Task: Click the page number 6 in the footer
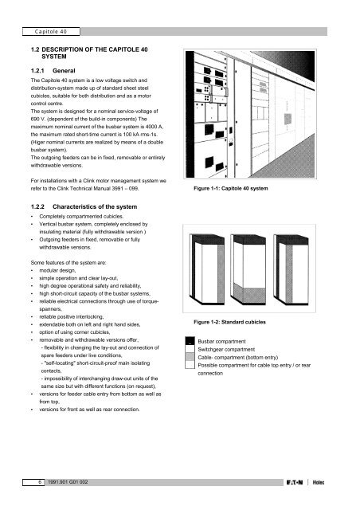coord(29,483)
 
